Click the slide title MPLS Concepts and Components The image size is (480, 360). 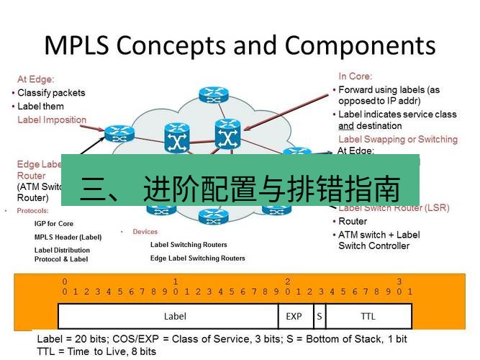point(240,45)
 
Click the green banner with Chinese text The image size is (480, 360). point(240,180)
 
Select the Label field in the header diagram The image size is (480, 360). point(175,315)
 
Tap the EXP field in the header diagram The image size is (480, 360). point(294,315)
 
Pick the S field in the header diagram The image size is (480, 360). point(318,315)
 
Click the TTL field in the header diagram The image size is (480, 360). point(368,315)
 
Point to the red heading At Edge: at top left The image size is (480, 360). point(36,79)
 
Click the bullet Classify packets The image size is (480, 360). point(50,93)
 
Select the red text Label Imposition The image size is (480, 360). point(52,120)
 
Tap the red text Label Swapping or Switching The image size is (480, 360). point(397,139)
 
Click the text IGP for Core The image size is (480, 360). point(54,224)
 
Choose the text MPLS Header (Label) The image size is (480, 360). point(68,237)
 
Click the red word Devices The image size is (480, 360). point(145,232)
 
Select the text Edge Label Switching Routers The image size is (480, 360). point(197,258)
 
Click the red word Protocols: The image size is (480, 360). point(32,211)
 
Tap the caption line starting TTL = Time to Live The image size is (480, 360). point(96,351)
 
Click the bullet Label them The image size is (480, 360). point(40,106)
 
